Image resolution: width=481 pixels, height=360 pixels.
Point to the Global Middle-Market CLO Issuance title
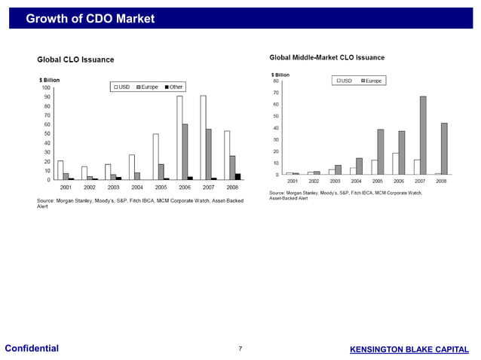coord(326,57)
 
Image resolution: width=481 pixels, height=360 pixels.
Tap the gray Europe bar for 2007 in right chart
coord(423,136)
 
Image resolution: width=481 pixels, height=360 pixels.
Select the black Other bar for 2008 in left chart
coord(238,177)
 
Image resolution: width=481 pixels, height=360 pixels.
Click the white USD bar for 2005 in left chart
coord(156,157)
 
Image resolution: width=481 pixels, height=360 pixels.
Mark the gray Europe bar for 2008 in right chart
coord(444,149)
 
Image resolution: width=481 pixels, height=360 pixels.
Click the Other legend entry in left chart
coord(173,87)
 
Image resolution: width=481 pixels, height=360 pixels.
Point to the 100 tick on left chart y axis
coord(46,88)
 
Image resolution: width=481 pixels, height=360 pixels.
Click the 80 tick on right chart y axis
coord(275,81)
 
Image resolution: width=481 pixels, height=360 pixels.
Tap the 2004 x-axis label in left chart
coord(137,187)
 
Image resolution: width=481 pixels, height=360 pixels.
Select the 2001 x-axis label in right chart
coord(293,182)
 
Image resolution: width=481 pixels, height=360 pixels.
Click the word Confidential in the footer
coord(32,348)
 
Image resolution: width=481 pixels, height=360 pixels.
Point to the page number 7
coord(240,349)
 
